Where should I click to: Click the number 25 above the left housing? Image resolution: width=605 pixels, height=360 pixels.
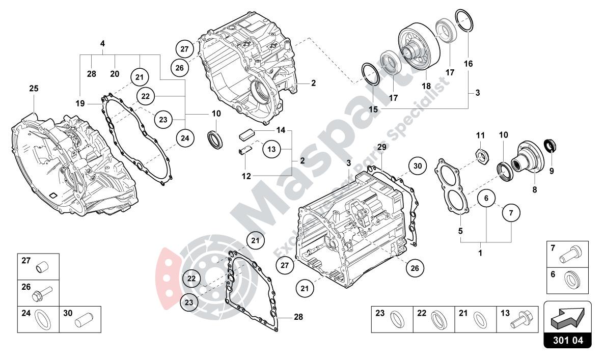click(x=34, y=89)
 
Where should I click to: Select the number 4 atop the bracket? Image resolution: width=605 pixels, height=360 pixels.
click(x=102, y=44)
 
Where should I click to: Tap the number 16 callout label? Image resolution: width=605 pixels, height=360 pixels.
click(x=468, y=64)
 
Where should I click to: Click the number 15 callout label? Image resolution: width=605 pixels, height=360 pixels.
click(x=374, y=109)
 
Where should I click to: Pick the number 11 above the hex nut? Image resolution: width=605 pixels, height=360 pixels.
click(x=480, y=135)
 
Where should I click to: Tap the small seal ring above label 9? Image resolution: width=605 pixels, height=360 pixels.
click(x=550, y=146)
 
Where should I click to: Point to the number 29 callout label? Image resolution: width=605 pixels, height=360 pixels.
click(x=382, y=147)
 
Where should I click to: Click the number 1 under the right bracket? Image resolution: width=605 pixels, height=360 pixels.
click(x=480, y=252)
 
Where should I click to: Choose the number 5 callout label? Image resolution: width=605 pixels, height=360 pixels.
click(x=460, y=231)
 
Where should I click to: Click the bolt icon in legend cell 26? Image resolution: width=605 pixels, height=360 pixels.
click(x=41, y=294)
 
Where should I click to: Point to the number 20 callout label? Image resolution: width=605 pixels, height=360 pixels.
click(x=115, y=74)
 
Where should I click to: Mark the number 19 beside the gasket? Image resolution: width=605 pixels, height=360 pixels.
click(x=80, y=103)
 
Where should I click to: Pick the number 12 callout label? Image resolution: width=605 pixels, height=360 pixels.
click(x=246, y=177)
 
